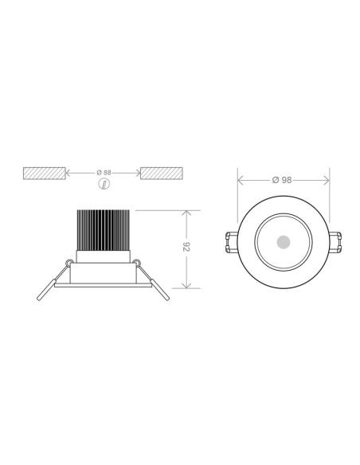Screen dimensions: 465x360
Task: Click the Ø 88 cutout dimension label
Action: point(103,172)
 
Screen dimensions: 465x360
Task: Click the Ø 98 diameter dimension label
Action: point(281,180)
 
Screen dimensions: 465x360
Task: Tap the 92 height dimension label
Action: point(188,248)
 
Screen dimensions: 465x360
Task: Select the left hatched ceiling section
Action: point(44,172)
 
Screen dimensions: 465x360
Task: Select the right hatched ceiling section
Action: point(162,172)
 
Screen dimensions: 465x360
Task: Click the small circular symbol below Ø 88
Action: point(103,184)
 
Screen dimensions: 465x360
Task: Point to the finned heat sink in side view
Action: point(103,230)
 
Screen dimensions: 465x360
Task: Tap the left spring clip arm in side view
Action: point(50,284)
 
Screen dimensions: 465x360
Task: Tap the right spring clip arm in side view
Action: point(156,284)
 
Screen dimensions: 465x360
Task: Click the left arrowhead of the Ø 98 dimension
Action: point(241,180)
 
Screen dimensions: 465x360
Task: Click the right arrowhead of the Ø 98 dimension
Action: point(327,180)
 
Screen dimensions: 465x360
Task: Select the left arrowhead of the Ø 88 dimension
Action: point(67,172)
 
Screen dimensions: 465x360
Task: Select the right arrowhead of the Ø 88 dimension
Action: point(138,172)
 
